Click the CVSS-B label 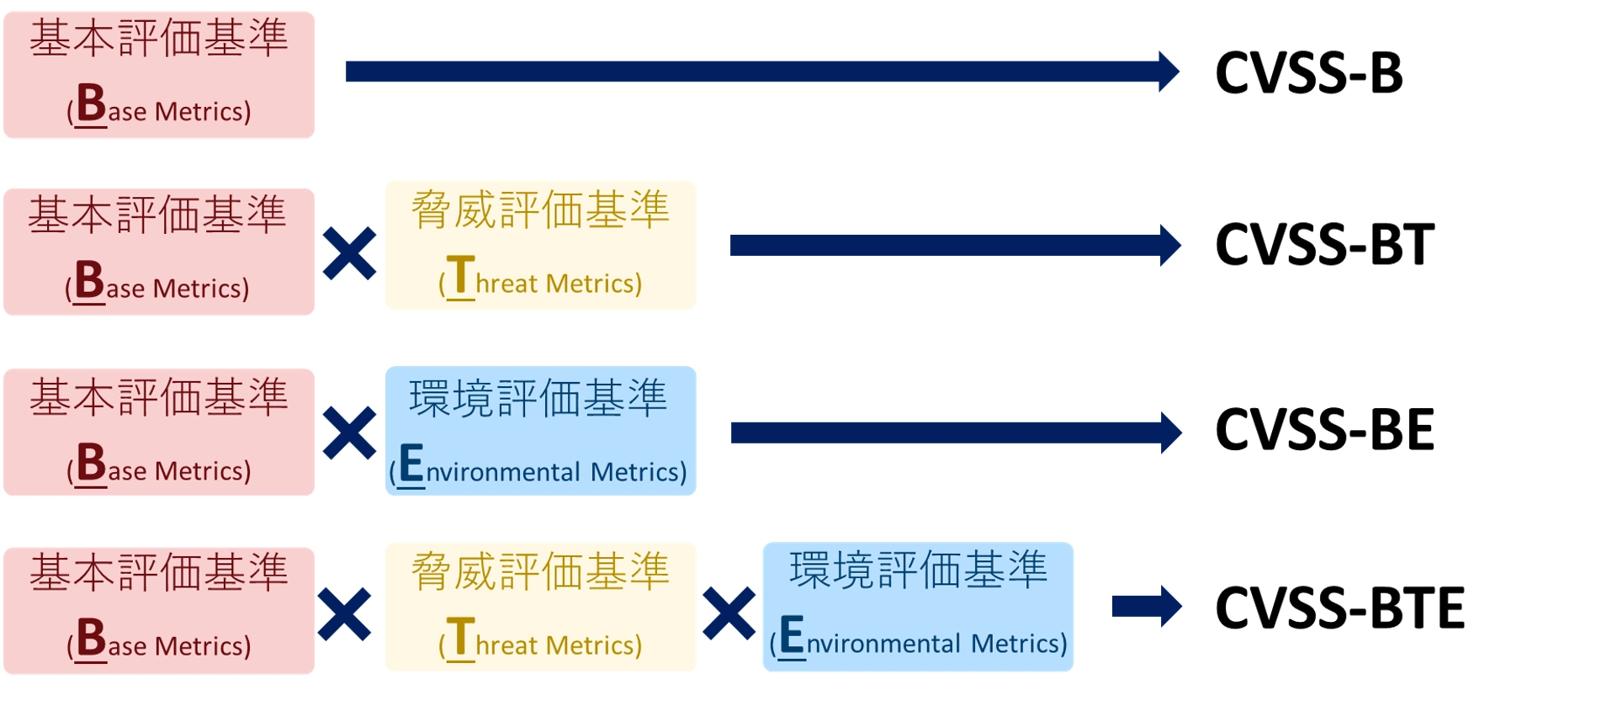(1309, 72)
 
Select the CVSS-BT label (1325, 245)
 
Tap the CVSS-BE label (1325, 430)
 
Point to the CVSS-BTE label (1340, 608)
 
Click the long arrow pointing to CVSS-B (762, 72)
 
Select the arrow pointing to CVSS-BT (956, 245)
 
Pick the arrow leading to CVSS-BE (956, 433)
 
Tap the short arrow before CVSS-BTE (1147, 606)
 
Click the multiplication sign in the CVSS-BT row (349, 253)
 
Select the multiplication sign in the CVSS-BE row (349, 433)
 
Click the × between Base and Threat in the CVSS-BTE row (344, 614)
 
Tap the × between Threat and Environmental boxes (729, 614)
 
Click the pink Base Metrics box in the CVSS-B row (159, 75)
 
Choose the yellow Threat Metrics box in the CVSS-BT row (540, 245)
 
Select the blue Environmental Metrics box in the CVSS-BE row (540, 431)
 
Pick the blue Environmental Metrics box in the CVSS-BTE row (918, 607)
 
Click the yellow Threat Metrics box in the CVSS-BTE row (540, 607)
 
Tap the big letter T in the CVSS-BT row (460, 275)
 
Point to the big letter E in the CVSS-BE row (411, 464)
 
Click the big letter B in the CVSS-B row (91, 104)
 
